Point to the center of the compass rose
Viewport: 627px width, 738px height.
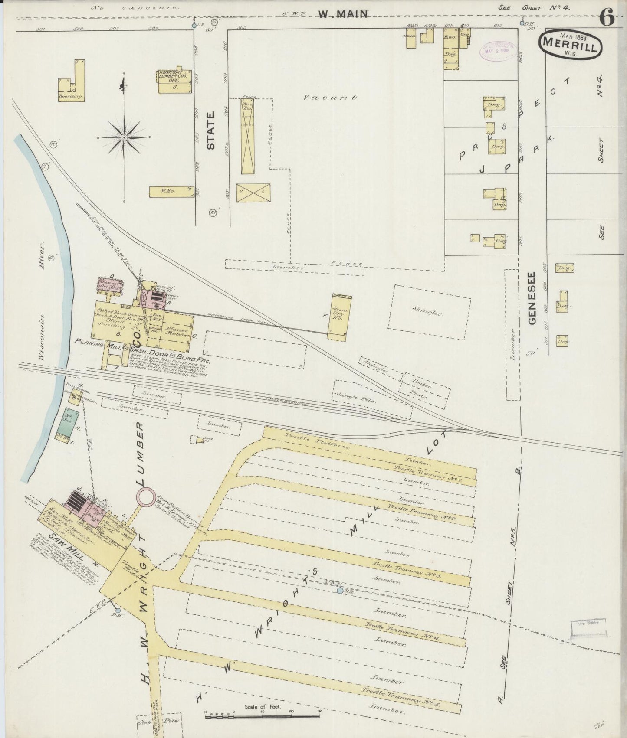pos(124,137)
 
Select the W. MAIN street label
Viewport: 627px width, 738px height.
pos(343,14)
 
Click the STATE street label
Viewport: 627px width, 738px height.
pos(211,131)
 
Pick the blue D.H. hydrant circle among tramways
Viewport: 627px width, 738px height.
pos(340,591)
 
